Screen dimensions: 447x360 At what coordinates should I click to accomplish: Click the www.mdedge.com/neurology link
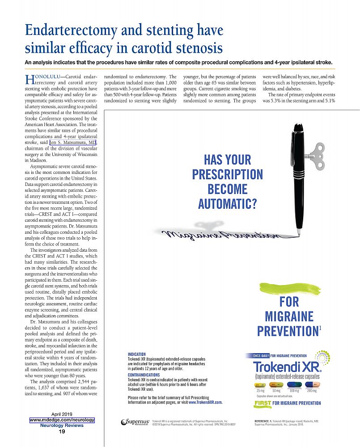[62, 420]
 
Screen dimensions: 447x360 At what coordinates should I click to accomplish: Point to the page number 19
[62, 431]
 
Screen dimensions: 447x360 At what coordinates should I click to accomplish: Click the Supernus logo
[135, 422]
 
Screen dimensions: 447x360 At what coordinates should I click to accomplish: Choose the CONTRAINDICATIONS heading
[147, 375]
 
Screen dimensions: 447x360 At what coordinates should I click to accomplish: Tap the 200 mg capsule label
[312, 391]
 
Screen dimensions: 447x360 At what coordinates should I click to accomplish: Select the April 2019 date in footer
[62, 414]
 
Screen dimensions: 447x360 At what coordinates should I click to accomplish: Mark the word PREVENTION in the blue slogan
[286, 331]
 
